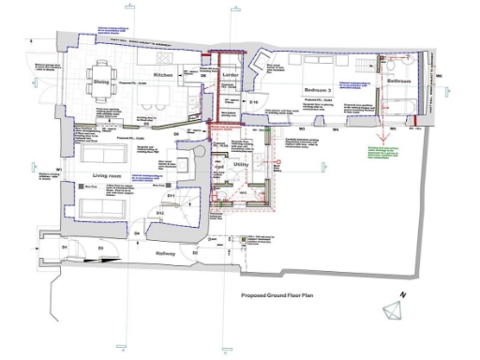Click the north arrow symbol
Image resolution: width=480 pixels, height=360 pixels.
tap(392, 309)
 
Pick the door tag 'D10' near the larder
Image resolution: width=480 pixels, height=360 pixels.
tap(252, 101)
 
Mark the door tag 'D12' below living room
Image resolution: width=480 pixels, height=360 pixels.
tap(160, 213)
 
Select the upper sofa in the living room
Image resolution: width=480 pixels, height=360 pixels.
tap(105, 154)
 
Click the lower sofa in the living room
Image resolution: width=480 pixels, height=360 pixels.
tap(103, 202)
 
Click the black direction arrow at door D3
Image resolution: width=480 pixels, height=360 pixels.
tap(103, 260)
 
